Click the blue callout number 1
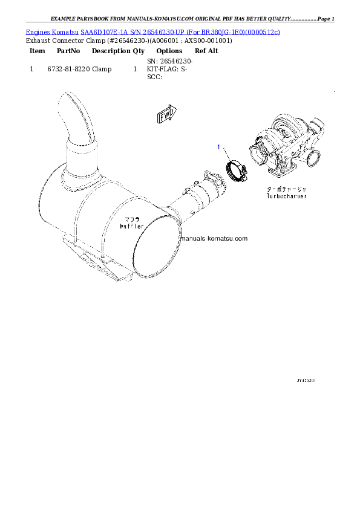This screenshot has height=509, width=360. tap(219, 147)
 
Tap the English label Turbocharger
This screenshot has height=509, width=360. tap(286, 196)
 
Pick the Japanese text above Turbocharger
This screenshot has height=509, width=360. tap(286, 189)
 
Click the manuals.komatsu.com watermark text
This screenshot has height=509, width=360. tap(214, 238)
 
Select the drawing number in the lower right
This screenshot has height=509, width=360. tap(306, 381)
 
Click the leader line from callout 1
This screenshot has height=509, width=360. tap(225, 155)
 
